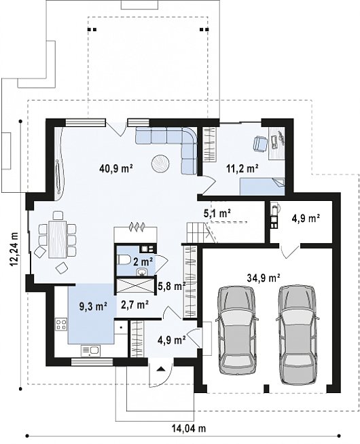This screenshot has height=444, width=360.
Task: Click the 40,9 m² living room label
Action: click(116, 169)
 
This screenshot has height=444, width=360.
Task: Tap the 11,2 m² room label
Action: click(242, 169)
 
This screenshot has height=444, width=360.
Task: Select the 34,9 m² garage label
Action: click(264, 278)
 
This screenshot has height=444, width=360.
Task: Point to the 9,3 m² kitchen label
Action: click(93, 306)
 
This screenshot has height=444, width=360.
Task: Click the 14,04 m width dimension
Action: click(189, 428)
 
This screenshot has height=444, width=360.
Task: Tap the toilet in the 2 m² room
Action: click(124, 259)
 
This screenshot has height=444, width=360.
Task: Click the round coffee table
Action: click(160, 164)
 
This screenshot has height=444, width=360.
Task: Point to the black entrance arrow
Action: click(160, 369)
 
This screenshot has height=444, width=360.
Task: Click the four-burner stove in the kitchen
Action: click(61, 325)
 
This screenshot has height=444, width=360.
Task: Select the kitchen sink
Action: click(90, 350)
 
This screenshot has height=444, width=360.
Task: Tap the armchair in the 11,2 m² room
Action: click(260, 143)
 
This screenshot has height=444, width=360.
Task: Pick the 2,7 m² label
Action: click(134, 305)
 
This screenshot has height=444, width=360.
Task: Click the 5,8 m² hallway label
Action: click(172, 286)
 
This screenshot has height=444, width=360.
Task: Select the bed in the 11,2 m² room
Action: click(262, 186)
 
